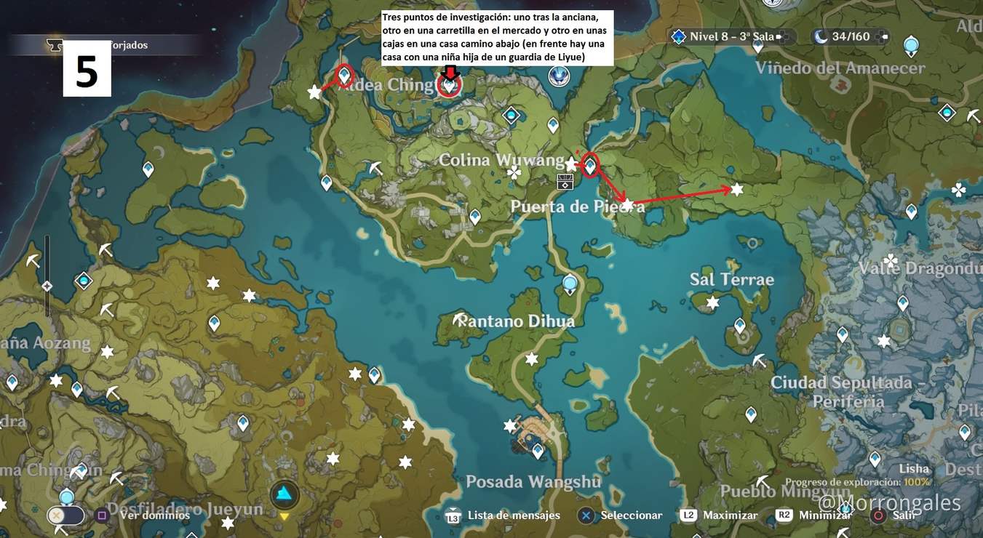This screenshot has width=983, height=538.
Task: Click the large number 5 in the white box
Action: coord(87,73)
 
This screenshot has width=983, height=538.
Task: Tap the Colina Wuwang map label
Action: coord(501,160)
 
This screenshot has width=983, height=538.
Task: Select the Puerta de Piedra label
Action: coord(577,206)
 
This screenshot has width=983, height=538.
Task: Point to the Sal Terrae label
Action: coord(731,279)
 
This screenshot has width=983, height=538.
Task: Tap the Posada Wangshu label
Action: coord(533,481)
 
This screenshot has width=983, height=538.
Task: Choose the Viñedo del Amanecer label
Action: coord(840,68)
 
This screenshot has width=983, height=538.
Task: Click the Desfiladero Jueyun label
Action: coord(185,508)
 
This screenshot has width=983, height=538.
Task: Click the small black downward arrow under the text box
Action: coord(450,72)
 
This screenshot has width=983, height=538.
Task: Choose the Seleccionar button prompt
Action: coord(631,515)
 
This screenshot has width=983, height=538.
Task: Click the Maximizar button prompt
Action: coord(730,515)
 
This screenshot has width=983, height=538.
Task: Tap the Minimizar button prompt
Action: coord(824,515)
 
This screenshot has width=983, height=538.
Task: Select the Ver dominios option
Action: coord(154,515)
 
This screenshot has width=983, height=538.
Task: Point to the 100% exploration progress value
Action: coord(917,482)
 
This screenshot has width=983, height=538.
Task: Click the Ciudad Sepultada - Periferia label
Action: coord(848,391)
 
